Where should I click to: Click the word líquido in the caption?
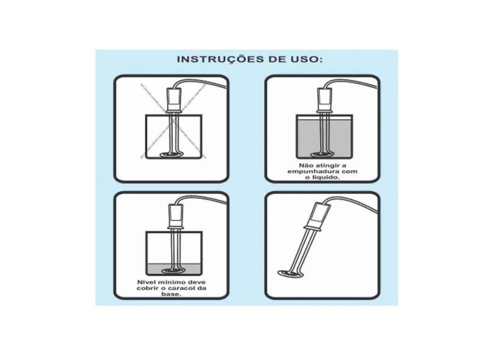tap(325, 178)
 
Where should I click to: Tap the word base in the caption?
tap(171, 294)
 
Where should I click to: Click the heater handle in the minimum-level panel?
tap(176, 217)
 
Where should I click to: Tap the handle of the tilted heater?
tap(318, 215)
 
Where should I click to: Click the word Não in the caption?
tap(305, 165)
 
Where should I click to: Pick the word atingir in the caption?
tap(326, 165)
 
